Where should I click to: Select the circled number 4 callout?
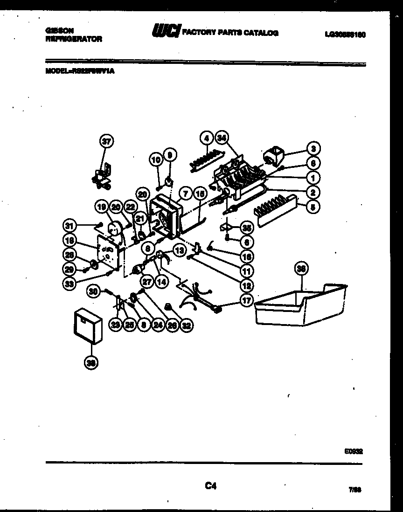(x=206, y=138)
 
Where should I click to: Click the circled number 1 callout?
(x=313, y=177)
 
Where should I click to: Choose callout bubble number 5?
(x=313, y=205)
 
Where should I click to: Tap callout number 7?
(x=185, y=192)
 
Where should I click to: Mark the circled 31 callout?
(x=69, y=226)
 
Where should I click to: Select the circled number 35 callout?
(x=247, y=228)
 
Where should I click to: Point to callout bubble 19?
(x=102, y=206)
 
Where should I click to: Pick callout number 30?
(x=93, y=291)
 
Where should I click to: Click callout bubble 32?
(x=187, y=326)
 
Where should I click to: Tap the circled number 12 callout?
(x=247, y=285)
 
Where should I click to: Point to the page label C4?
(x=211, y=486)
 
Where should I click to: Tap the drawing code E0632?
(x=354, y=451)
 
